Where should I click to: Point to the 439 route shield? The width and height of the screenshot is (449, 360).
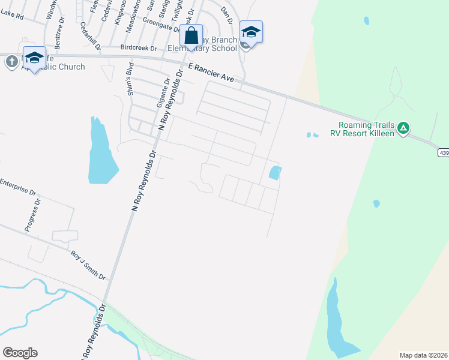[x=443, y=153]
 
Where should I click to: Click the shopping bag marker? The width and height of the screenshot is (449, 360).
[x=191, y=36]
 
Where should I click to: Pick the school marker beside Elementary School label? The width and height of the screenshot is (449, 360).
[x=251, y=32]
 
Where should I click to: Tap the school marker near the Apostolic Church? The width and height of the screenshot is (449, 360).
[x=34, y=58]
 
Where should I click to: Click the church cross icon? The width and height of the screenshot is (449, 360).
[x=11, y=61]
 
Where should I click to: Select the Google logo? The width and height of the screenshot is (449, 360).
[x=20, y=353]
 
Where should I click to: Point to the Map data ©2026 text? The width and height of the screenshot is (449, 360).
[x=423, y=355]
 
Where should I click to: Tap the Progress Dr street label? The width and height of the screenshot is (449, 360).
[x=32, y=215]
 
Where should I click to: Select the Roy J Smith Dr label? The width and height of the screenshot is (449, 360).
[x=88, y=265]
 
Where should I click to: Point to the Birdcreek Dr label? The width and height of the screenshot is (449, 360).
[x=138, y=47]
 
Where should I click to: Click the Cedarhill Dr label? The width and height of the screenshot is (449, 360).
[x=91, y=35]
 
